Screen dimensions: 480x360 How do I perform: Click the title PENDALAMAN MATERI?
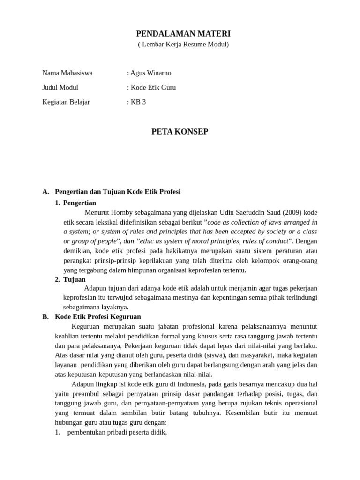point(183,34)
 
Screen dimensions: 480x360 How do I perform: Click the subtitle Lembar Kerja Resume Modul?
point(183,45)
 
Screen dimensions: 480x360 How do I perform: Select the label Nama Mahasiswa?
point(67,73)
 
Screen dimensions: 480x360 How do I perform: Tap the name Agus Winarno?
point(150,73)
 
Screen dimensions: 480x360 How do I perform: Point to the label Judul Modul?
point(60,87)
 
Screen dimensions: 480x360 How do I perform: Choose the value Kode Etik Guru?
point(153,87)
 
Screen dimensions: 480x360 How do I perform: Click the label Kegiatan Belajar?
point(66,102)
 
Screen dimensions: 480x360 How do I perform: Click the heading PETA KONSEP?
point(180,132)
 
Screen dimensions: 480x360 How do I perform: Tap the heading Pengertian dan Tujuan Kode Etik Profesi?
point(118,192)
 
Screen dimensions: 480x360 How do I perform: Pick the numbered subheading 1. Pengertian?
point(79,202)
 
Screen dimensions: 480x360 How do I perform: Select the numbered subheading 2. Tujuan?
point(75,279)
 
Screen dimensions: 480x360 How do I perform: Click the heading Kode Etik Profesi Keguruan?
point(97,317)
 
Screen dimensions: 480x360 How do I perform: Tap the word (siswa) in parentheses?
point(254,355)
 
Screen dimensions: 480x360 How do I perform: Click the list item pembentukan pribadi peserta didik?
point(117,432)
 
